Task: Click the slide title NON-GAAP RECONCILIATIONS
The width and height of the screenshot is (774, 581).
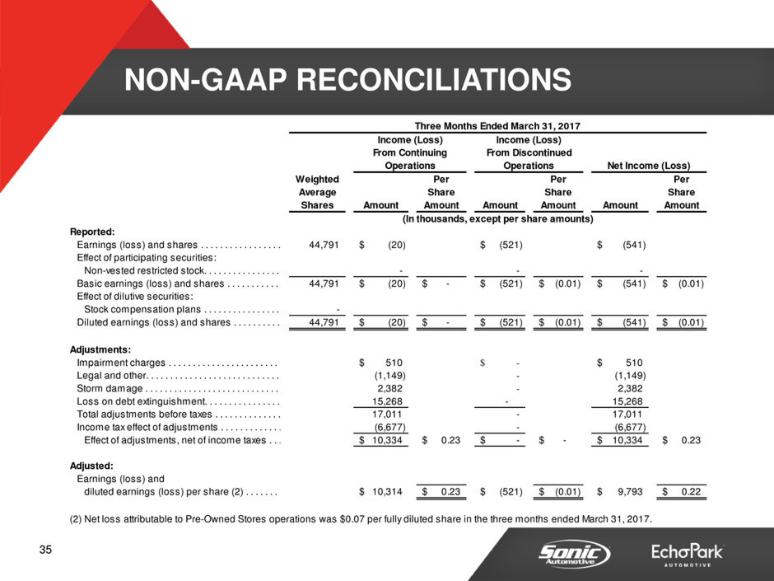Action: tap(347, 79)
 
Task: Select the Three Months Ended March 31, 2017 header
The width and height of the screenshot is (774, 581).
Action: tap(497, 126)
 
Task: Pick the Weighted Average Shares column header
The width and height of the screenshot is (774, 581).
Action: tap(317, 192)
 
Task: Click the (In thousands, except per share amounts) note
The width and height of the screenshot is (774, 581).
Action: tap(497, 219)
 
